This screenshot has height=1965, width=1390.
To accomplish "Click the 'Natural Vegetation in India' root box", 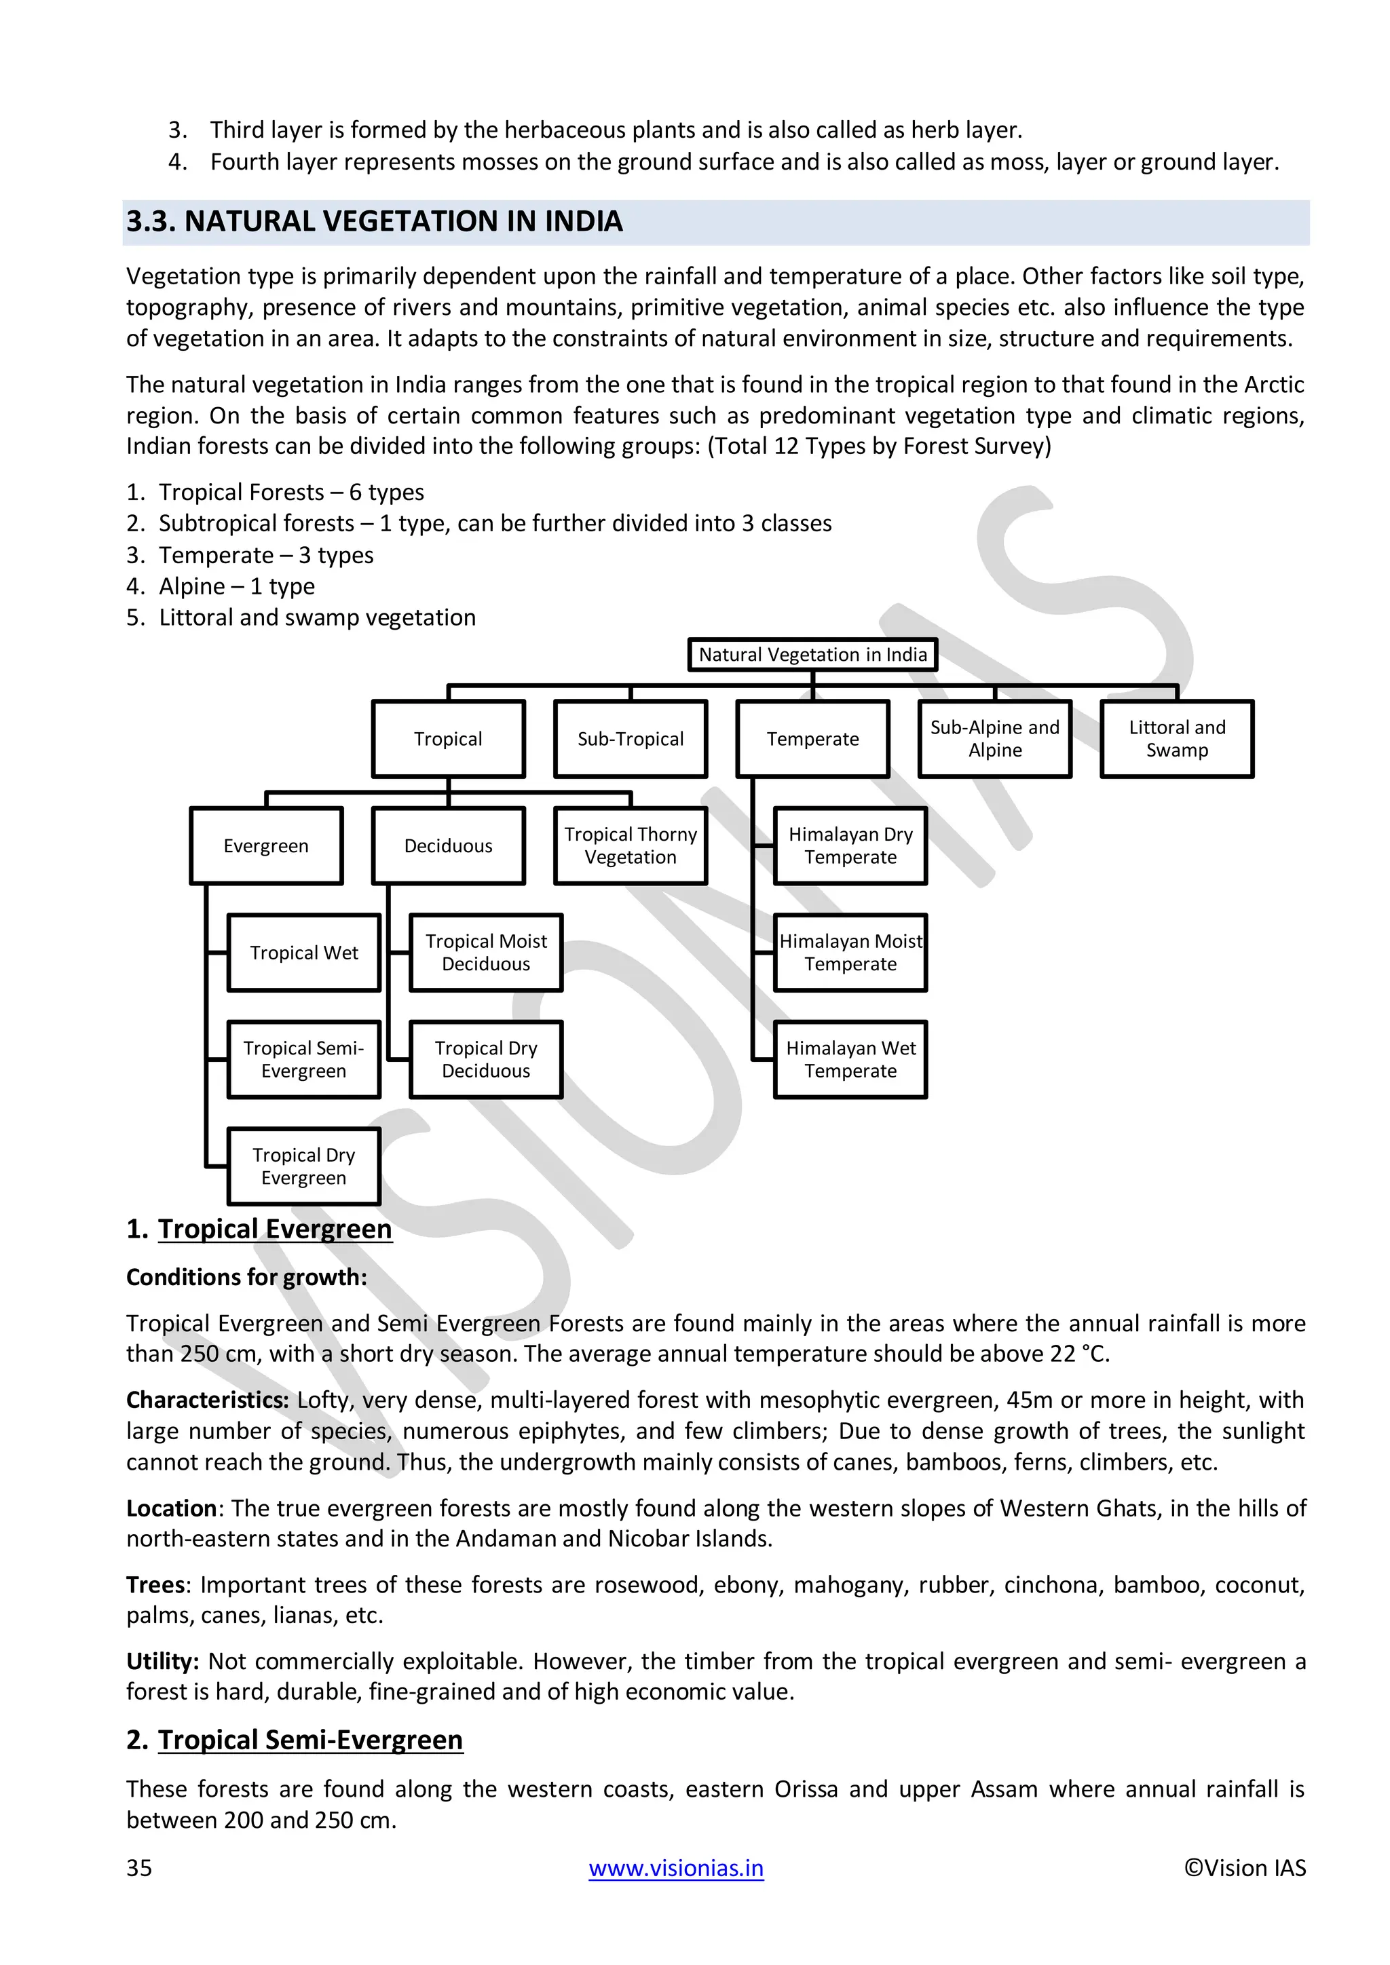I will pos(812,655).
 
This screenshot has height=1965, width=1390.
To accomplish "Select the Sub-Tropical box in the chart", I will pos(630,739).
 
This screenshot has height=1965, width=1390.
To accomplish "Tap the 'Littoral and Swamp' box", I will pos(1176,739).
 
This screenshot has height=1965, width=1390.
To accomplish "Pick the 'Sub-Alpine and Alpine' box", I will pos(994,739).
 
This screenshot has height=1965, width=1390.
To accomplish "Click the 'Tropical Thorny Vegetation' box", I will pos(630,845).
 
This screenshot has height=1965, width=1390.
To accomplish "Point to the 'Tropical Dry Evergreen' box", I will pos(304,1166).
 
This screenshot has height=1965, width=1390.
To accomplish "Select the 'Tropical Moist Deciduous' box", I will pos(485,953).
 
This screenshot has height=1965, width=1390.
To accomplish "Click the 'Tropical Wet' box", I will pos(304,953).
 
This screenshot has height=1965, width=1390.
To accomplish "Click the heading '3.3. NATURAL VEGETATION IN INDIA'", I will pos(374,222).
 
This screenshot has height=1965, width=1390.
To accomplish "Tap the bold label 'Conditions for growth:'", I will pos(246,1277).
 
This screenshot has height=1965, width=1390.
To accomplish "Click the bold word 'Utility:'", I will pos(163,1661).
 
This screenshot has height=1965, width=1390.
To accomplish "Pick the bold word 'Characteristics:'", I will pos(207,1400).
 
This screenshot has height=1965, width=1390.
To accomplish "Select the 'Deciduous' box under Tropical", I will pos(448,845).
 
